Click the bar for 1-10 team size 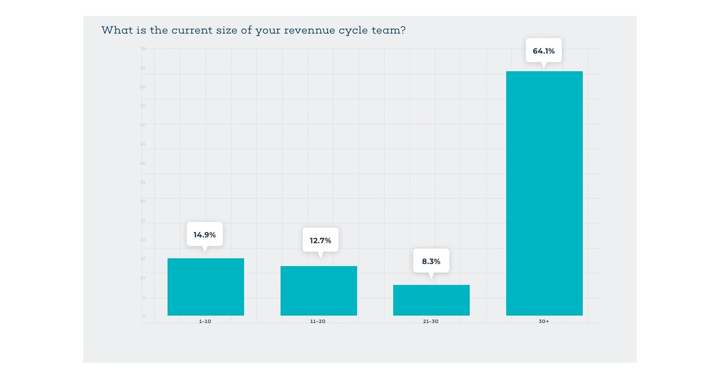206,287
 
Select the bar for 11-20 318,291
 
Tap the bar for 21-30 431,300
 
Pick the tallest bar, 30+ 544,193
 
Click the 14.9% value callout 205,235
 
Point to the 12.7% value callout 321,240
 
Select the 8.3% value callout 431,261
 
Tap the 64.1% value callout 543,51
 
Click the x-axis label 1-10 205,321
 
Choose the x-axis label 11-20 318,321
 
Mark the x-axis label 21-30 431,321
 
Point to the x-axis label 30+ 544,321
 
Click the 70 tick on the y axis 143,49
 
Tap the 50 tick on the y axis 143,125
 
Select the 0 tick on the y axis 144,316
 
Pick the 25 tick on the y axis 143,221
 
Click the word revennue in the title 309,30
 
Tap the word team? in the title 388,30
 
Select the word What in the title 116,30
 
